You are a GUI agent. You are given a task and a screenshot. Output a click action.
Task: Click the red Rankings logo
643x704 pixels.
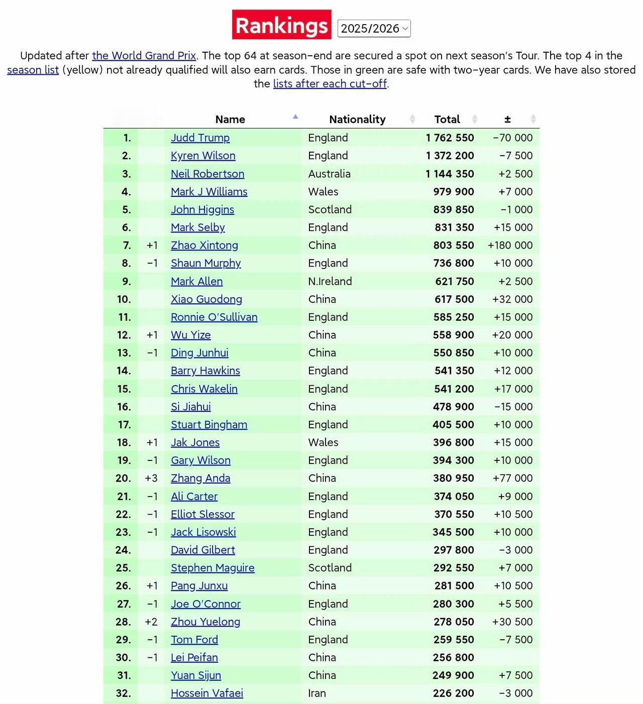(281, 25)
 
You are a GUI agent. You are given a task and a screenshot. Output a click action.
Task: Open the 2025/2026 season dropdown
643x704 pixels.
(374, 29)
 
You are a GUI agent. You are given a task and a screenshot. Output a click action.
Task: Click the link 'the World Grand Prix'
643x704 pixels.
(144, 56)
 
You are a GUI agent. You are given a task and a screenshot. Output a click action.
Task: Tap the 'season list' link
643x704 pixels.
(33, 70)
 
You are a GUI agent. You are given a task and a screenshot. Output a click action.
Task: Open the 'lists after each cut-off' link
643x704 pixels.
(330, 84)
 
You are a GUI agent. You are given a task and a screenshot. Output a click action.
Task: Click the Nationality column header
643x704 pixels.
(357, 120)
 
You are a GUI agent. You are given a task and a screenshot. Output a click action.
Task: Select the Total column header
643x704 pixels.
(447, 120)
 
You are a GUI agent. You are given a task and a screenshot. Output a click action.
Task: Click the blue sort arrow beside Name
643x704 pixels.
(295, 117)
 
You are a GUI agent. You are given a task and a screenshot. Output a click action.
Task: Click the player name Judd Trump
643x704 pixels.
(200, 138)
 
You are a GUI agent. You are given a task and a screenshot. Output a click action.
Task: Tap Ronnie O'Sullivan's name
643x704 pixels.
(214, 317)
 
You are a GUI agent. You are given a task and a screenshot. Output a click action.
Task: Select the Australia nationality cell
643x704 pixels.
(329, 174)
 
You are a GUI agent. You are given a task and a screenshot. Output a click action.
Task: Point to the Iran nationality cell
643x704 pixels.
(317, 693)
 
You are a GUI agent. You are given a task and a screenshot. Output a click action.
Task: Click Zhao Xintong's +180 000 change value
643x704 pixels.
(510, 245)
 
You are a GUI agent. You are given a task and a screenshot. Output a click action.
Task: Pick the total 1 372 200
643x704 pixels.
(450, 156)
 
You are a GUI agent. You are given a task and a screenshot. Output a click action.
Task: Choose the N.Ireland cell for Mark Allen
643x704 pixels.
(330, 281)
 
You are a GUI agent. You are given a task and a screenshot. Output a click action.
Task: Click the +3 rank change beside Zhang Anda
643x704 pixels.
(151, 478)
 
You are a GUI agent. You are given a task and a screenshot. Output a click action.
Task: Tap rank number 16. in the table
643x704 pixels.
(124, 407)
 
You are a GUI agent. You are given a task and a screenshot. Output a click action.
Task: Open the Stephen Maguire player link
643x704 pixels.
(212, 567)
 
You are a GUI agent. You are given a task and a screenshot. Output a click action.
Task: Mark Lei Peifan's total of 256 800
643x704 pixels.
(453, 657)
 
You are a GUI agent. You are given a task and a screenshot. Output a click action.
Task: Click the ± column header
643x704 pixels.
(507, 120)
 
